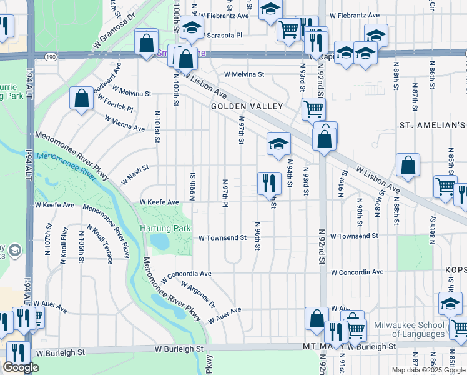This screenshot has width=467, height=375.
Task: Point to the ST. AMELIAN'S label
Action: [x=433, y=125]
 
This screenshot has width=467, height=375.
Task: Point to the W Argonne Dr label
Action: [x=198, y=296]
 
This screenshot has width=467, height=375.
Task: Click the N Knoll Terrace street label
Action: [x=101, y=244]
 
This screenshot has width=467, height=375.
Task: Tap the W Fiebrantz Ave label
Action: [x=355, y=14]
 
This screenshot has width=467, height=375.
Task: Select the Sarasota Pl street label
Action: [x=220, y=36]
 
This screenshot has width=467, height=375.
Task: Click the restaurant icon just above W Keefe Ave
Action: [x=269, y=182]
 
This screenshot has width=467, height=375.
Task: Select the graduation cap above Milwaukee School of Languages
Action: [x=450, y=302]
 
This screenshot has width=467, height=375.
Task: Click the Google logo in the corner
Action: [x=21, y=367]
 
